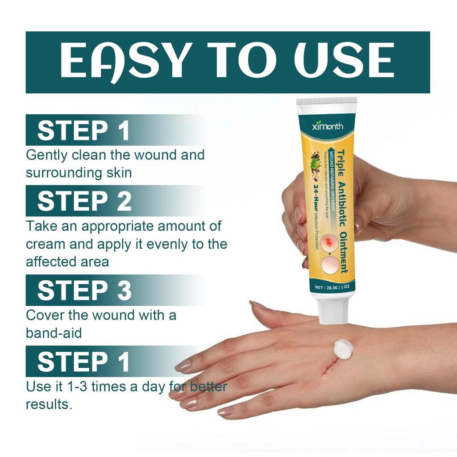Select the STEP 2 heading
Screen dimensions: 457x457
click(x=84, y=202)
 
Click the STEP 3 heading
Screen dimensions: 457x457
click(x=84, y=290)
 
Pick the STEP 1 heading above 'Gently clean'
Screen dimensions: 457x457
click(x=83, y=131)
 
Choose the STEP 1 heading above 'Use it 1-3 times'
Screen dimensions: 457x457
click(x=83, y=361)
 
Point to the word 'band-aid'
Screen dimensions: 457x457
click(x=54, y=333)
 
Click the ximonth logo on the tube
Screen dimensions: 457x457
click(x=328, y=126)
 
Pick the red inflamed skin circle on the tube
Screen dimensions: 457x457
click(x=331, y=242)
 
